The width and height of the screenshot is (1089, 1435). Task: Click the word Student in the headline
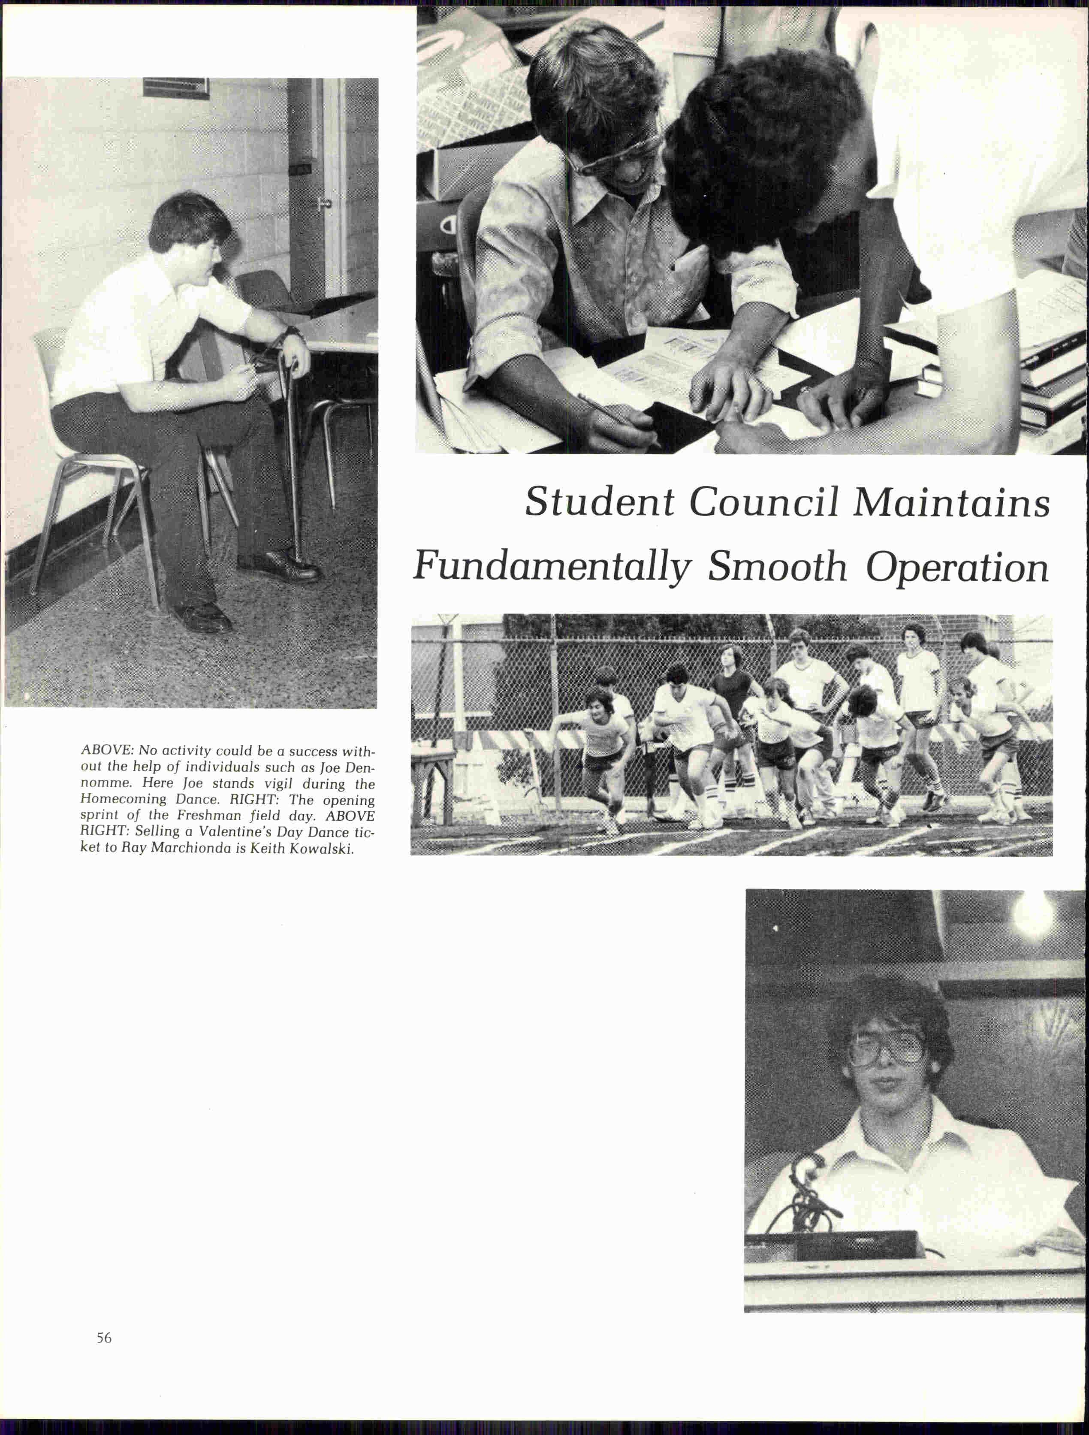click(599, 503)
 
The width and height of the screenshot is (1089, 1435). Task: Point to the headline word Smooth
click(777, 567)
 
